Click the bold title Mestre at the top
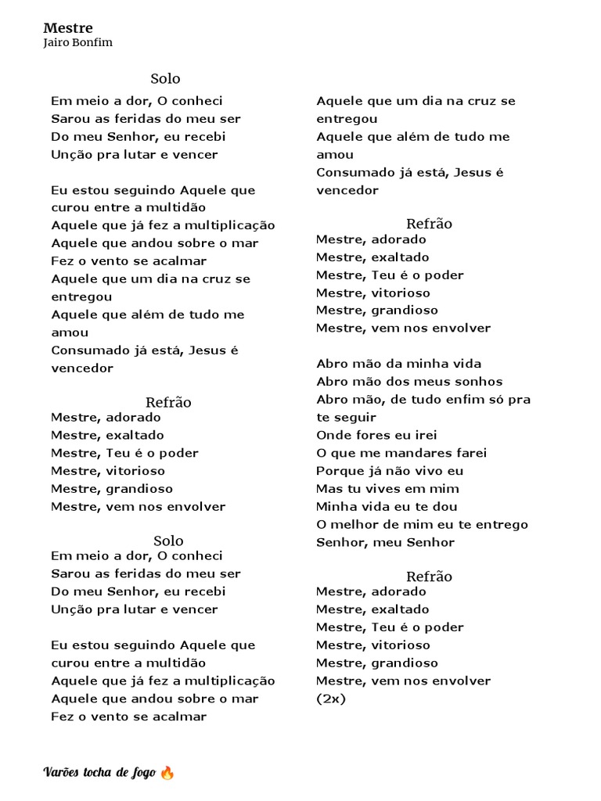point(68,28)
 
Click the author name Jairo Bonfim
point(78,43)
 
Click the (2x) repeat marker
point(331,699)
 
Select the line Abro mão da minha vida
point(398,364)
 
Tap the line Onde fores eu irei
point(376,435)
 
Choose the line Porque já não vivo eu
point(390,471)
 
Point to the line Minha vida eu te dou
point(387,507)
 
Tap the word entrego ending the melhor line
point(501,524)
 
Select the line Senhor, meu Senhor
point(385,542)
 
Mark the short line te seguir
point(346,417)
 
